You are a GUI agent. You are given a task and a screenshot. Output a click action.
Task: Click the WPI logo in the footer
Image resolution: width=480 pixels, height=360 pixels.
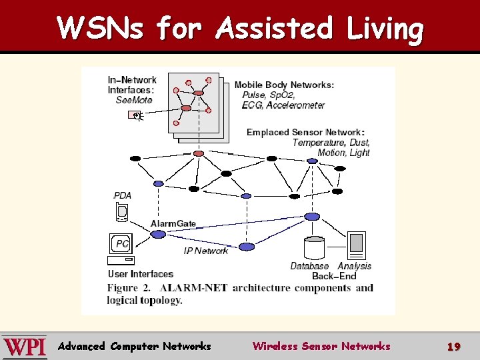coord(25,347)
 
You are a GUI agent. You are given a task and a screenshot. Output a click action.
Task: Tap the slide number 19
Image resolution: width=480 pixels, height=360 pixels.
coord(453,347)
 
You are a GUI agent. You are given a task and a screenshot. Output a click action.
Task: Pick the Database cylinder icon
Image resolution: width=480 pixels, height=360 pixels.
coord(313,248)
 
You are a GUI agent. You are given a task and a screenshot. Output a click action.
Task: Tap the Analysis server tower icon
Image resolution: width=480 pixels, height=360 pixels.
coord(356,245)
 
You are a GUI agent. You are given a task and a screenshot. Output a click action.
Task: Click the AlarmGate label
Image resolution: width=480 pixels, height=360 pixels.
coord(173,223)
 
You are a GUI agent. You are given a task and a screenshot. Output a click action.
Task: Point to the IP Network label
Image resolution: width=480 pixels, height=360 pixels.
coord(206,251)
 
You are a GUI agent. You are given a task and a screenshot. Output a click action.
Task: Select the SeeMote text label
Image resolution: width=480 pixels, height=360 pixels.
coord(134,100)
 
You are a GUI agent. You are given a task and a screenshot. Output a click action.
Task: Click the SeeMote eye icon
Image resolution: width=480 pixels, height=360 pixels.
coord(135,115)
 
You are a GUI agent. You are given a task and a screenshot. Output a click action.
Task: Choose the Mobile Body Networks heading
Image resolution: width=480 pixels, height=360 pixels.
coord(284,85)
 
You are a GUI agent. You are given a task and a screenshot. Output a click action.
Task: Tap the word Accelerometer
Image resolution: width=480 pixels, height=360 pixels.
coord(295,105)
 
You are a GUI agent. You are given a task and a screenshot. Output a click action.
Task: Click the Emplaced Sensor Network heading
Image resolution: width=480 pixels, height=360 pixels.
coord(305,132)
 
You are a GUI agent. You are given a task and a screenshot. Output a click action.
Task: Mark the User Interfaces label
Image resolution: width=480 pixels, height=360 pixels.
coord(141,274)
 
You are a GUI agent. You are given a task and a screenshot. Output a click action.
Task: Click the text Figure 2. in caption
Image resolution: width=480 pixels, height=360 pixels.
coord(130,288)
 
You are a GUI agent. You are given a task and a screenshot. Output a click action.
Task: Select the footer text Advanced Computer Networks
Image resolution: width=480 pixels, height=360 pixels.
coord(135,346)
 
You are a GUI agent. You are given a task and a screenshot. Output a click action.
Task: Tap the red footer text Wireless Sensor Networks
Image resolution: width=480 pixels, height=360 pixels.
coord(321,346)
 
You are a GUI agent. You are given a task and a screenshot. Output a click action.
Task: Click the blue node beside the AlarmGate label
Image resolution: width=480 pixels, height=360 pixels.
coord(158,234)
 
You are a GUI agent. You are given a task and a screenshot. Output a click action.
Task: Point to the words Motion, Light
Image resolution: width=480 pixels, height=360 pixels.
coord(343,153)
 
